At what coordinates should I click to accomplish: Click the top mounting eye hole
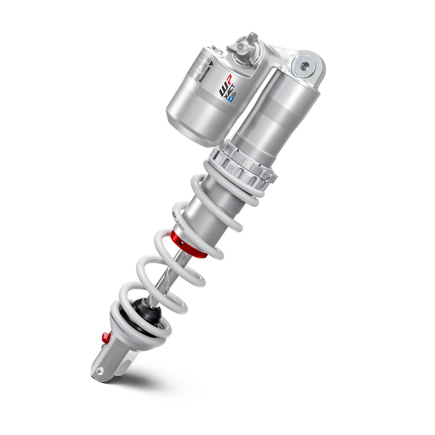pos(305,66)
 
